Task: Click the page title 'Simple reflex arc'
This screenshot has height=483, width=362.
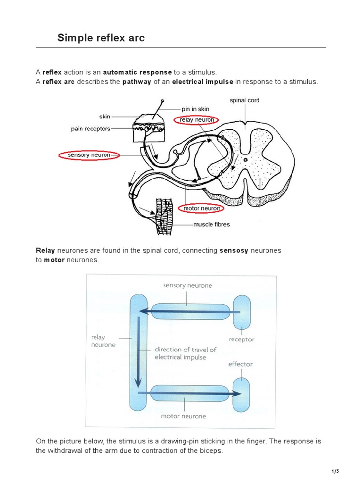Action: coord(101,38)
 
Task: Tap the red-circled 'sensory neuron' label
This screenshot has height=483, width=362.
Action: coord(89,155)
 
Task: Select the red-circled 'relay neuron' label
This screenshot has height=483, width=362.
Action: coord(197,120)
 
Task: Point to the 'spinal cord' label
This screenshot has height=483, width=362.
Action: coord(244,100)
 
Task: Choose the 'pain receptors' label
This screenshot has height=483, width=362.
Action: coord(90,128)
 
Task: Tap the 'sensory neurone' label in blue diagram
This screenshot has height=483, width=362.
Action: coord(187,285)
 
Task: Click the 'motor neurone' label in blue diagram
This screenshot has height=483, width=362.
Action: coord(183,416)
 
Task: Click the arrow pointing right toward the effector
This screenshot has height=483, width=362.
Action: coord(189,393)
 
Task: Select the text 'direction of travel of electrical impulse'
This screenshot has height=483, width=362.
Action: coord(185,353)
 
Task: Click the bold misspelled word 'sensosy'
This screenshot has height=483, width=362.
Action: coord(234,250)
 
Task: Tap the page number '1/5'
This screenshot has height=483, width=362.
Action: coord(335,471)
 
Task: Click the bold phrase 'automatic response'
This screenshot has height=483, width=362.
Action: coord(137,72)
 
